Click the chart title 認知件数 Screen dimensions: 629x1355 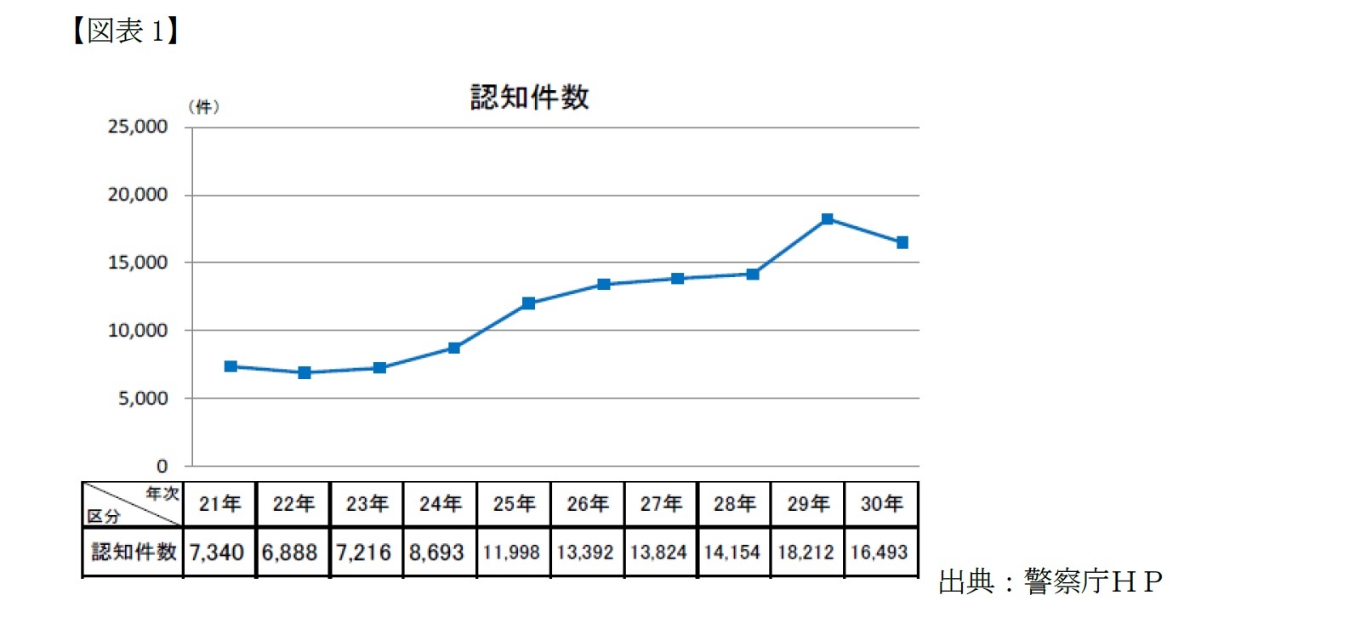[529, 97]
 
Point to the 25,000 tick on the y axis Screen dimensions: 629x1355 [138, 127]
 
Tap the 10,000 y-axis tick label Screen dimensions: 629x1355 [138, 331]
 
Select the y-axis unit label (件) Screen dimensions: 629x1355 [204, 107]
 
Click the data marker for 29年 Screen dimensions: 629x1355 [827, 219]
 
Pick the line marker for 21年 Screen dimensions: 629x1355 [231, 366]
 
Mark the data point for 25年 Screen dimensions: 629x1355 [528, 303]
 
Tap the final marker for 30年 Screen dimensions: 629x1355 [902, 242]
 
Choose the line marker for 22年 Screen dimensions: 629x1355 [305, 372]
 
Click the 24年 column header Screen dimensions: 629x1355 [440, 504]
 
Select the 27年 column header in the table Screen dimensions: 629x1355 [661, 504]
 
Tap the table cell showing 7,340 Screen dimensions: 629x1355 [217, 552]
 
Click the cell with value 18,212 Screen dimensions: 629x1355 [806, 552]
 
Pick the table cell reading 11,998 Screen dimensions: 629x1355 [511, 552]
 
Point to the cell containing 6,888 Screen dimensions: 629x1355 [290, 552]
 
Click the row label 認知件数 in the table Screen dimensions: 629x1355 [134, 552]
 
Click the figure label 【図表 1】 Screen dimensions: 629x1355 [126, 31]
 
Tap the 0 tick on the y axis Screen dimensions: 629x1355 [162, 466]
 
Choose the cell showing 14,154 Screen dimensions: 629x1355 [732, 552]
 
